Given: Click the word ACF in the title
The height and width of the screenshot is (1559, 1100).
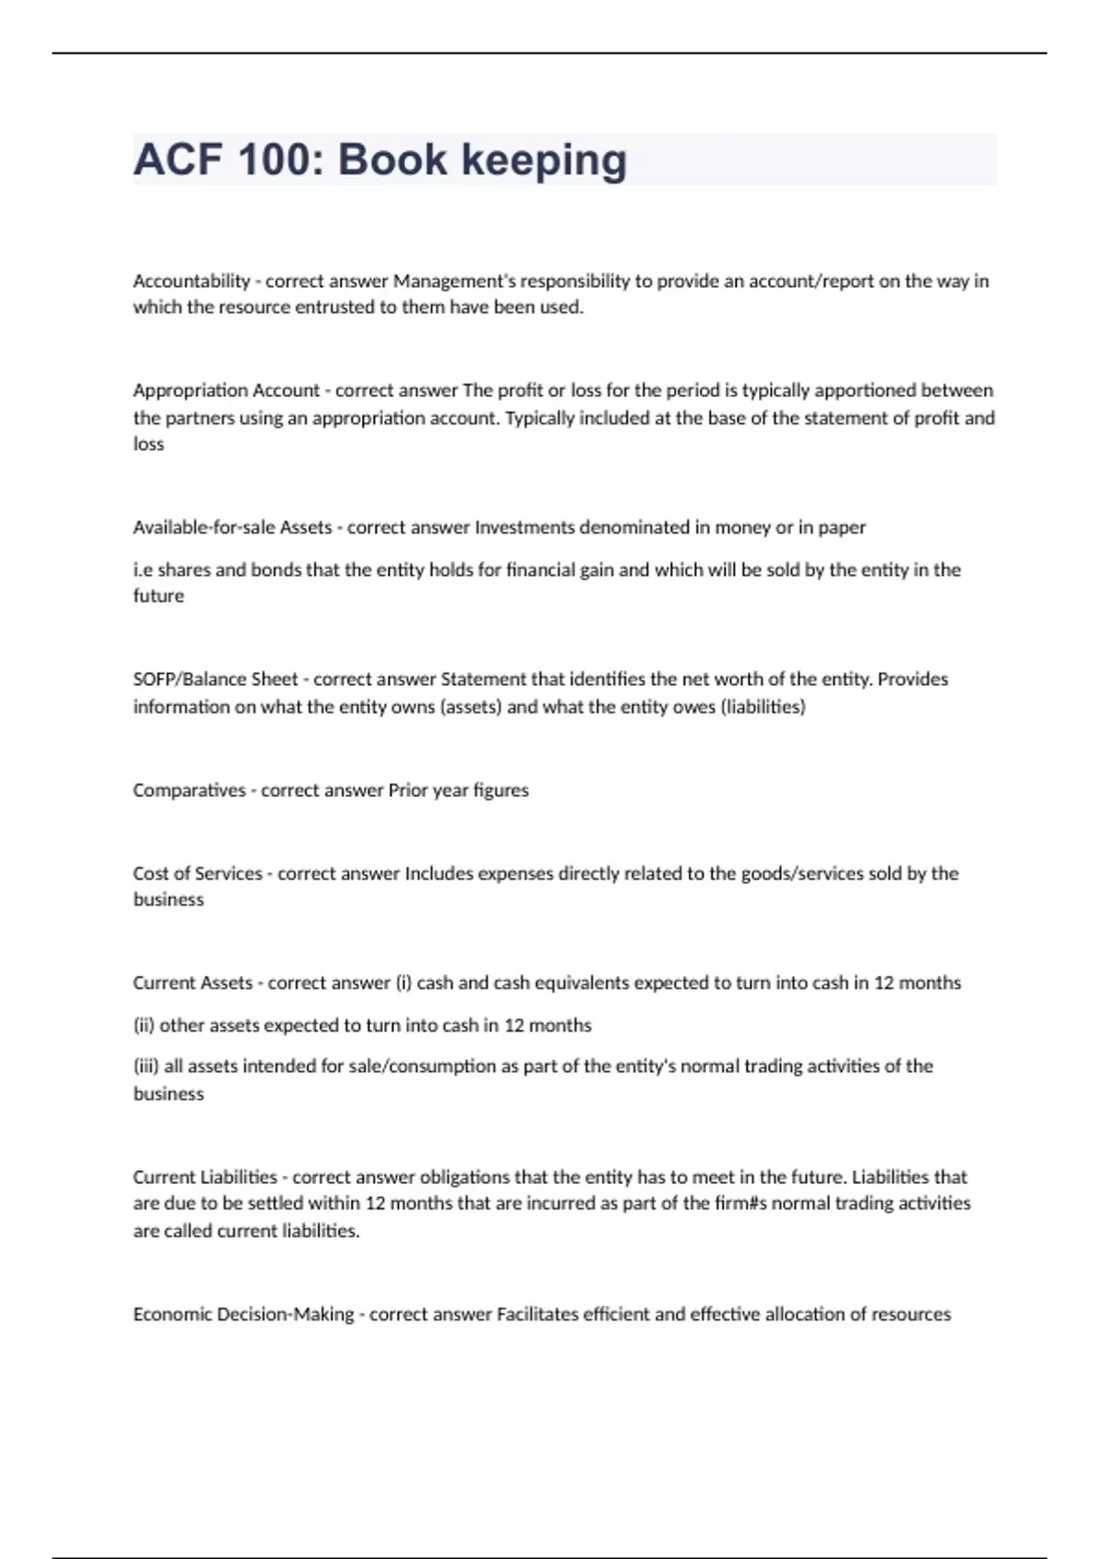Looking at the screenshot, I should tap(178, 160).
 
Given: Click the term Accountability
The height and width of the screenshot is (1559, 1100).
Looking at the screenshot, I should tap(192, 281).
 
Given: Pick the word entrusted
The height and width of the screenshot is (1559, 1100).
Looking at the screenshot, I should tap(334, 307).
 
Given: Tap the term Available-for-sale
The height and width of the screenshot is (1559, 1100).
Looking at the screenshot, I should tap(203, 527).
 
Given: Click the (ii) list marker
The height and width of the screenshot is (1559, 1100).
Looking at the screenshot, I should tap(144, 1025).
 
